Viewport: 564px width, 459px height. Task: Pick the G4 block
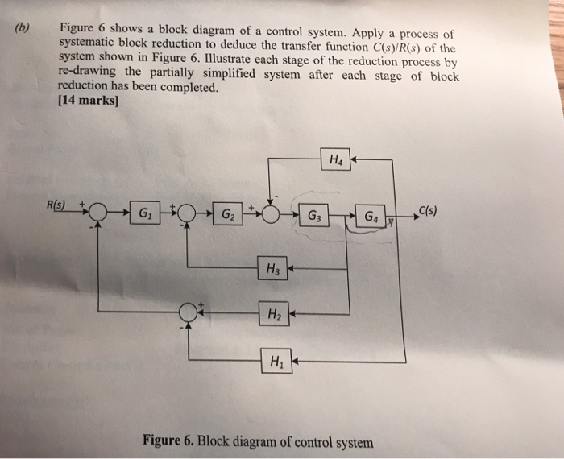coord(370,216)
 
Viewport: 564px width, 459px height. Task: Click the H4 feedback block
coord(333,159)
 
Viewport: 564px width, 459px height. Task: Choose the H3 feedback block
coord(272,267)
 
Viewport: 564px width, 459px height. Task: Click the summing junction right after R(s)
coord(98,214)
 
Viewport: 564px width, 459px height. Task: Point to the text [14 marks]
coord(89,101)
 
